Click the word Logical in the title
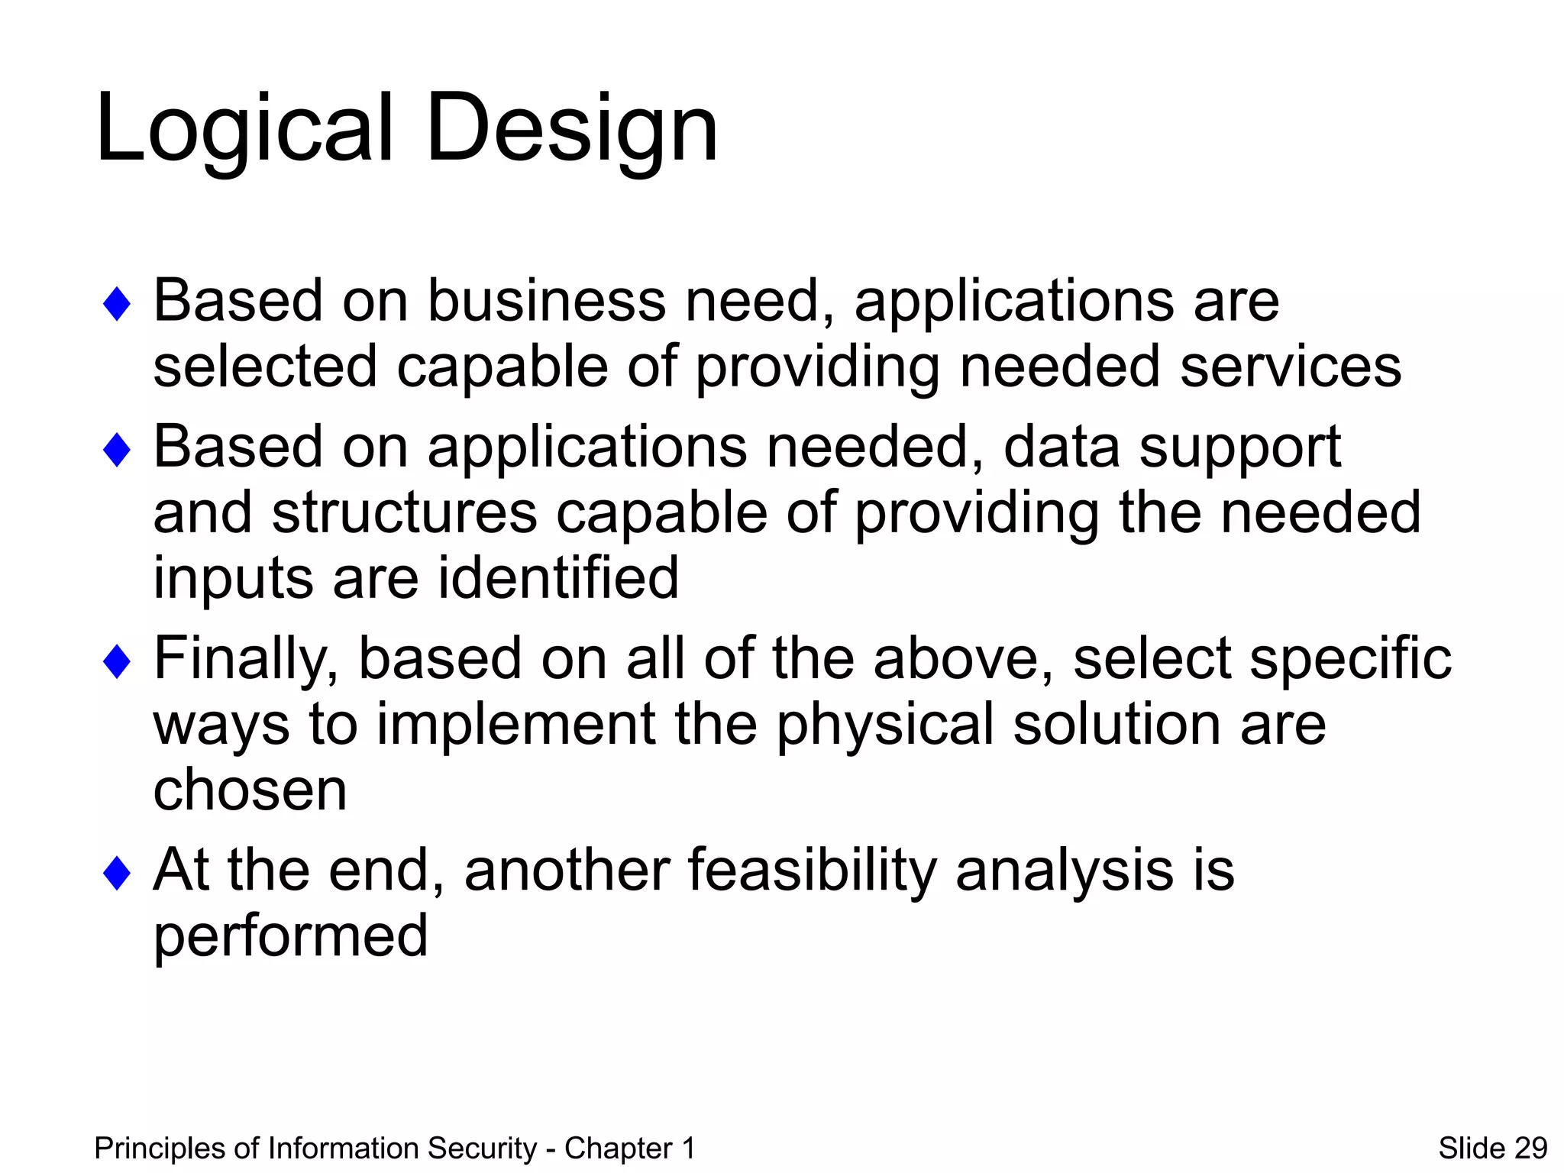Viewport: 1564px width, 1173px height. pos(244,128)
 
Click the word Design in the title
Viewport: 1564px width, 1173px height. pos(573,128)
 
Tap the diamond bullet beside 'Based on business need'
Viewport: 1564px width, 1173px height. pos(117,304)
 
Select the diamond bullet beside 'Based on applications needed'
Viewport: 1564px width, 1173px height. pos(117,450)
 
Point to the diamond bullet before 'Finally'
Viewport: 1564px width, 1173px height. pos(117,661)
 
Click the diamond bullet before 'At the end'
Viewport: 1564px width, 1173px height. pos(117,873)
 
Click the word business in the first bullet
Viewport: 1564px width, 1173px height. pos(546,301)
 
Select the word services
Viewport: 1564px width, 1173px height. pos(1290,367)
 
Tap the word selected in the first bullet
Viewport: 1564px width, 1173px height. pos(265,367)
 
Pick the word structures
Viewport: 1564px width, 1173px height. pos(405,513)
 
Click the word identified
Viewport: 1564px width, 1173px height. pos(558,578)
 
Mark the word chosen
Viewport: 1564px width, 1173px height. pos(250,790)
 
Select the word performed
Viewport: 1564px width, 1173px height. pos(290,937)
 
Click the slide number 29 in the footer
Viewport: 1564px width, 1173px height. pos(1530,1148)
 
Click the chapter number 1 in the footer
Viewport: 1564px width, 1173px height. pos(688,1148)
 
